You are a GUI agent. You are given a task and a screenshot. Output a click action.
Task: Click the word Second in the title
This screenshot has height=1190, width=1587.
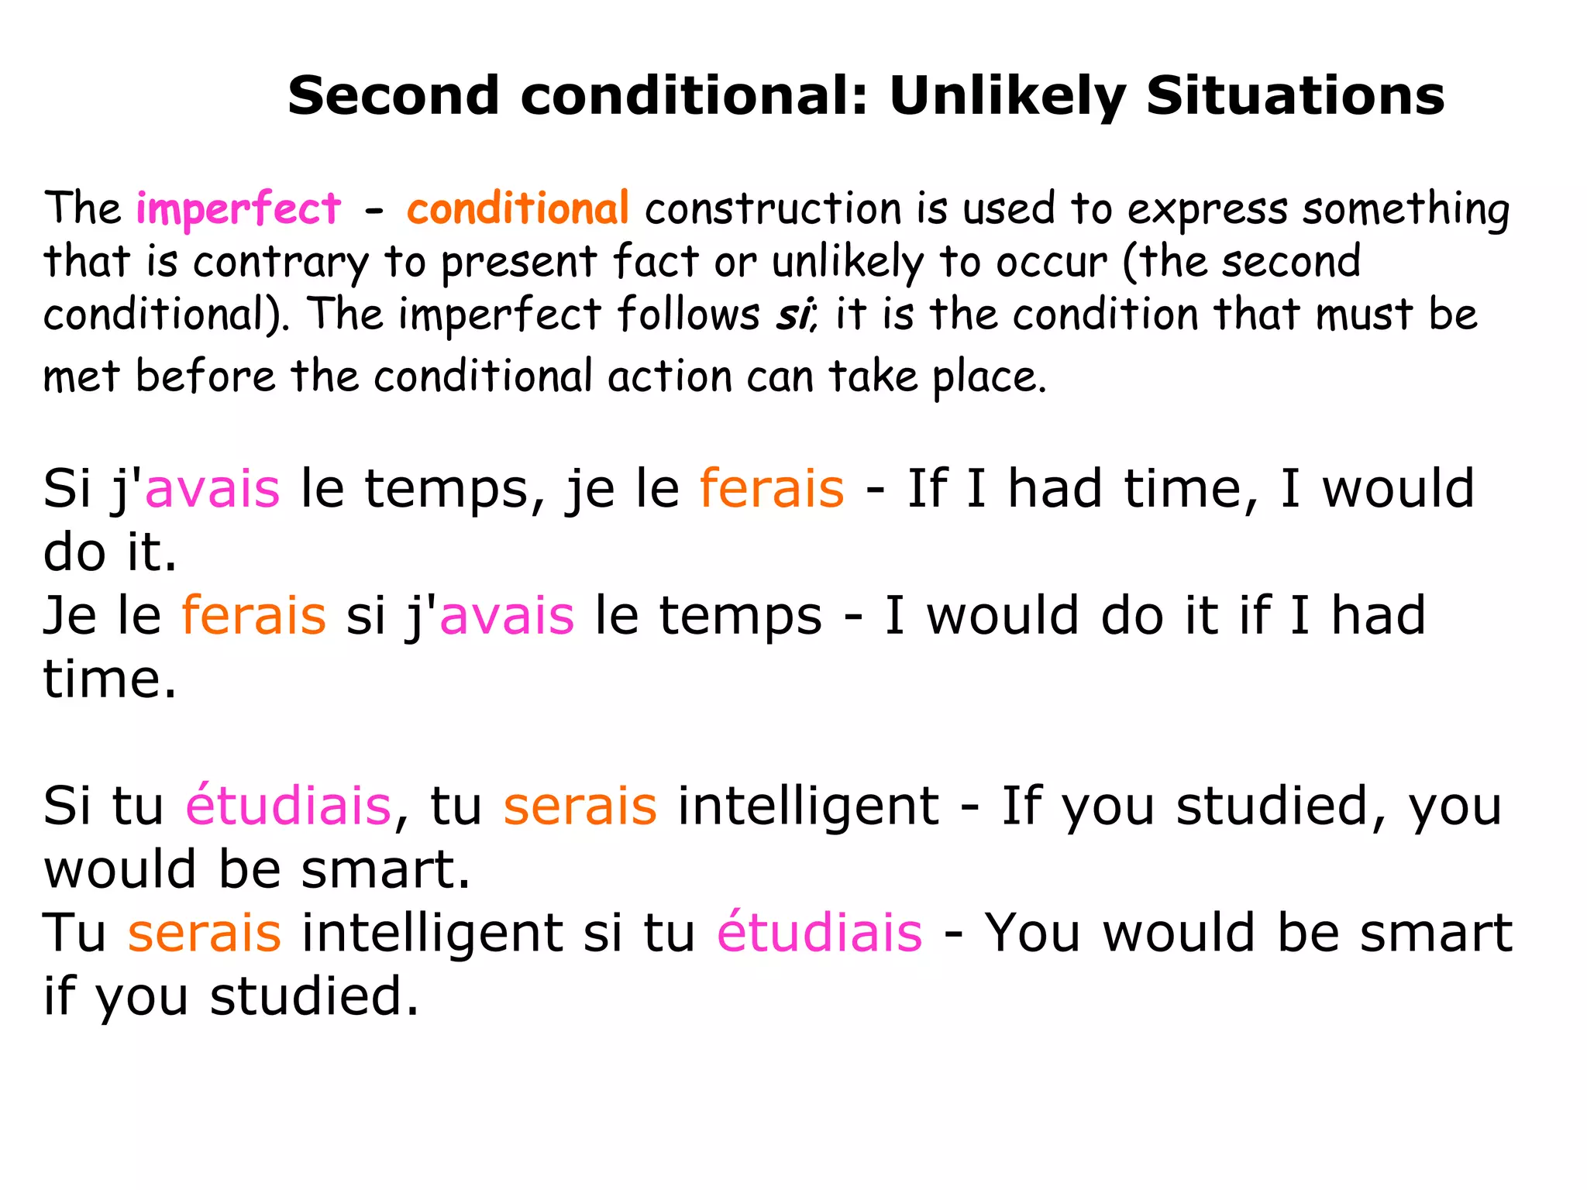click(393, 96)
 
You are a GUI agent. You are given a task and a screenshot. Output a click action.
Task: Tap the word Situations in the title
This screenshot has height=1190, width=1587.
click(1295, 96)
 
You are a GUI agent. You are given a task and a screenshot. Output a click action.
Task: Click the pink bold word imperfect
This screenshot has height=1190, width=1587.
click(238, 210)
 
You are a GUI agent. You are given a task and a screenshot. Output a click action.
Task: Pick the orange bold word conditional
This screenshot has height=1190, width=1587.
click(518, 209)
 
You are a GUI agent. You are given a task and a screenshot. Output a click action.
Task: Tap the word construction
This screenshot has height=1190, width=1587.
click(773, 209)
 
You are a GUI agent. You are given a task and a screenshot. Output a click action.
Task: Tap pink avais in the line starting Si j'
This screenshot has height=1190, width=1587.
click(212, 489)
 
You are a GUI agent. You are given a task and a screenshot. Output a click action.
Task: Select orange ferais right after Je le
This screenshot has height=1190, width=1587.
click(253, 616)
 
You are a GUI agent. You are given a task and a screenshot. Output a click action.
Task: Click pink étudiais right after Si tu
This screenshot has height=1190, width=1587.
click(288, 806)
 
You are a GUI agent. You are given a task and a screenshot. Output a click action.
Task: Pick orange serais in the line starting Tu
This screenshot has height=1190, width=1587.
click(204, 933)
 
